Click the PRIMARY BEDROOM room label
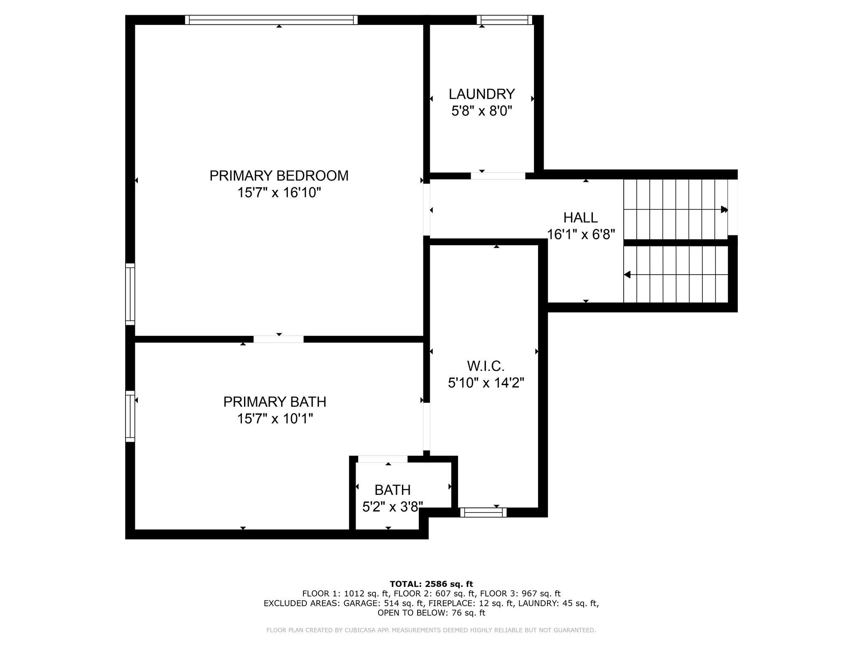[x=279, y=175]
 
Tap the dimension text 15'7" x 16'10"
[x=279, y=193]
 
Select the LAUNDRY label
[x=482, y=94]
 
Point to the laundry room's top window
[x=504, y=20]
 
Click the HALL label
[x=580, y=218]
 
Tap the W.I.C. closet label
[x=485, y=365]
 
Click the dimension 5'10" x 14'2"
[x=485, y=383]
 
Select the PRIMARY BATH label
[x=275, y=402]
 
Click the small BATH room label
[x=392, y=490]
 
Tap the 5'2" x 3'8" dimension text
[x=392, y=507]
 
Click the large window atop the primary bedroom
[x=271, y=20]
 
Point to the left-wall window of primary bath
[x=130, y=416]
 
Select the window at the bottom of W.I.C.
[x=483, y=512]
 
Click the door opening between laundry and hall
[x=498, y=176]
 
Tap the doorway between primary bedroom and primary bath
[x=278, y=339]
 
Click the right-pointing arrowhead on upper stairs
[x=724, y=209]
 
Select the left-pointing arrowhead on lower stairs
[x=627, y=275]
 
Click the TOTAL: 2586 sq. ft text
[x=431, y=584]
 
